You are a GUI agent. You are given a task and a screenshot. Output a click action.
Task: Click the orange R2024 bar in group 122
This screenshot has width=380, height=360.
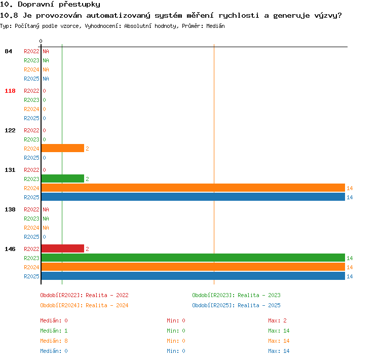pyautogui.click(x=63, y=148)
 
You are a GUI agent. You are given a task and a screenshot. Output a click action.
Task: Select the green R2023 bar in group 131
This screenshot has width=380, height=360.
pyautogui.click(x=63, y=178)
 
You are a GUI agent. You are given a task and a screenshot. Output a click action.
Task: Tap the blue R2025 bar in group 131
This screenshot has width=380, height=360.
pyautogui.click(x=193, y=197)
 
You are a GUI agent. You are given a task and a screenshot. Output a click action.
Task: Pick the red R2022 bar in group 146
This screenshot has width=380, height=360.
pyautogui.click(x=63, y=248)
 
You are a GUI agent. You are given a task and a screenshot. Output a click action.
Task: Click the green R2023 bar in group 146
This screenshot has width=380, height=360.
pyautogui.click(x=193, y=258)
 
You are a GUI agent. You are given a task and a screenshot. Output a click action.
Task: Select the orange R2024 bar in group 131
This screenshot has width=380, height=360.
pyautogui.click(x=193, y=188)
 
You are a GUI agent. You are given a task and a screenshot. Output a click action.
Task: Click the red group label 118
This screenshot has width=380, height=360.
pyautogui.click(x=10, y=91)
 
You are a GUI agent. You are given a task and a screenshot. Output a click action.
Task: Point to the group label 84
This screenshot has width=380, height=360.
pyautogui.click(x=8, y=51)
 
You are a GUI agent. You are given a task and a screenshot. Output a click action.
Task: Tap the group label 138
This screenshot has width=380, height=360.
pyautogui.click(x=10, y=209)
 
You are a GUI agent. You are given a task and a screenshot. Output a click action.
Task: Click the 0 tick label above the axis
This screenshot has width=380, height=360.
pyautogui.click(x=41, y=41)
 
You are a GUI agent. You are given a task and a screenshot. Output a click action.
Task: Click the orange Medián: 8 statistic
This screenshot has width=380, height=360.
pyautogui.click(x=54, y=341)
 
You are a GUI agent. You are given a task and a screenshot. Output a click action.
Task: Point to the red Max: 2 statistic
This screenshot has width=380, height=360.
pyautogui.click(x=277, y=320)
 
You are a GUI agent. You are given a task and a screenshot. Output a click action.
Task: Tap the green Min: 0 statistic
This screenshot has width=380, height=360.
pyautogui.click(x=176, y=331)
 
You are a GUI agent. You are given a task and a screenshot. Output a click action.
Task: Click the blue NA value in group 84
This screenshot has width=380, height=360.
pyautogui.click(x=46, y=79)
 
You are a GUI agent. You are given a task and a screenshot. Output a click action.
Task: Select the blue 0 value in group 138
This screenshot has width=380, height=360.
pyautogui.click(x=45, y=237)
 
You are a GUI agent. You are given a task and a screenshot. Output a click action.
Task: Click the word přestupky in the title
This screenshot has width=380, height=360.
pyautogui.click(x=80, y=5)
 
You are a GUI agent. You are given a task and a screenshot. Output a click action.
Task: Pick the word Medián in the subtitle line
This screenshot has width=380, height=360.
pyautogui.click(x=215, y=26)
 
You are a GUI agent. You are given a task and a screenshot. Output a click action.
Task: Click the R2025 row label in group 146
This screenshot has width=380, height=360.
pyautogui.click(x=31, y=276)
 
